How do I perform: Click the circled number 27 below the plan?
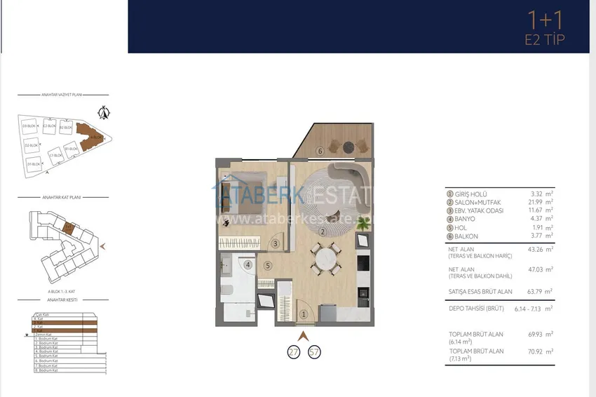click(x=294, y=351)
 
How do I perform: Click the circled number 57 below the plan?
click(x=314, y=351)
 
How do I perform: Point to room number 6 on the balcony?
click(x=319, y=150)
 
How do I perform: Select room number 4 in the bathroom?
click(x=248, y=265)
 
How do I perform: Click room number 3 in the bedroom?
click(x=276, y=243)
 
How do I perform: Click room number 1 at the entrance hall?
click(x=304, y=315)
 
